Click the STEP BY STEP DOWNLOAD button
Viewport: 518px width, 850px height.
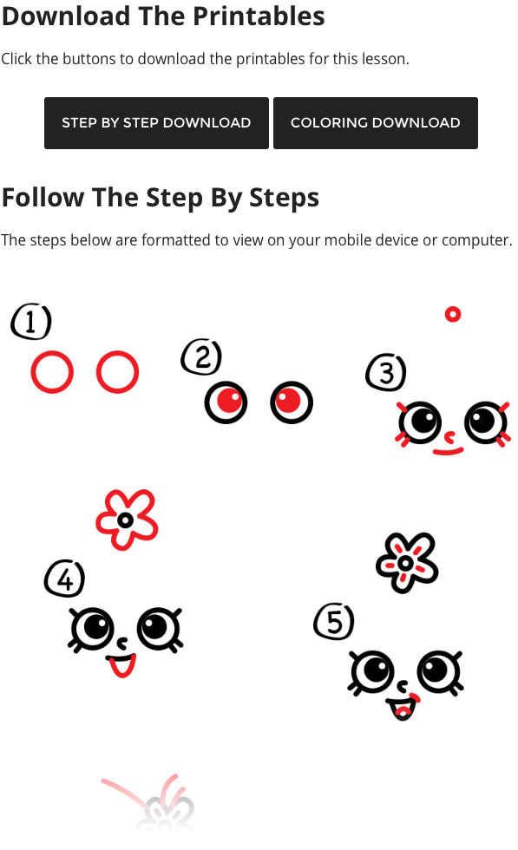click(x=156, y=123)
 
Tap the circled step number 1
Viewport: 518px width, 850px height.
click(x=31, y=322)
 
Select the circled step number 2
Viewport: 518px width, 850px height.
click(x=202, y=357)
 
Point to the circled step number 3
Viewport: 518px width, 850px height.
click(x=386, y=373)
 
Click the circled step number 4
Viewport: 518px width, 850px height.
click(x=64, y=579)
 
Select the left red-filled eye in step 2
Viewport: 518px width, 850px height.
click(x=226, y=402)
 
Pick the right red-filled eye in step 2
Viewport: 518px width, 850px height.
click(x=292, y=402)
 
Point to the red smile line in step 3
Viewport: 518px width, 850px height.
click(x=448, y=451)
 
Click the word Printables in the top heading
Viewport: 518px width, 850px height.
click(x=259, y=16)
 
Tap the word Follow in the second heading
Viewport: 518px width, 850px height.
click(x=43, y=198)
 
